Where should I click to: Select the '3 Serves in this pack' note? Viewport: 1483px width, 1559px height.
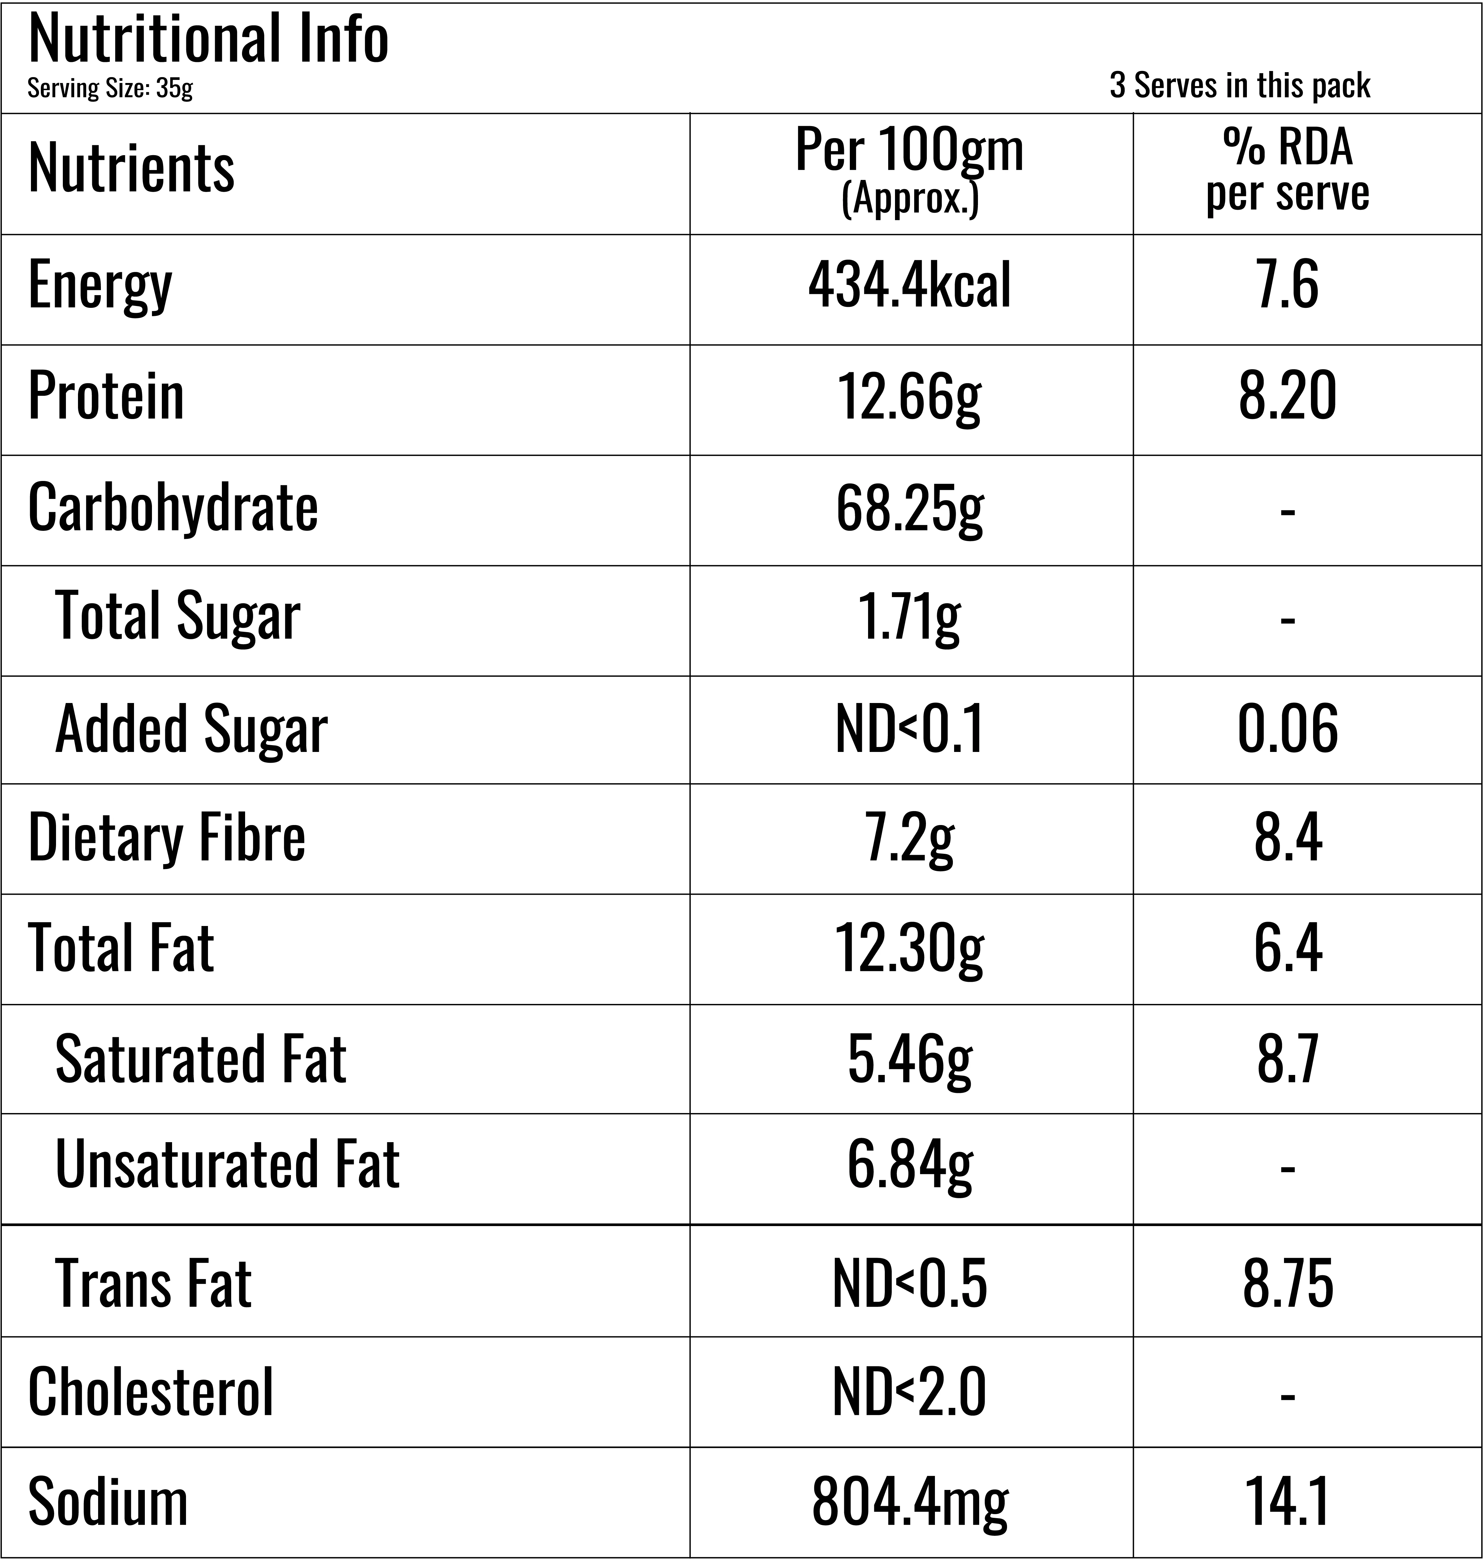1239,85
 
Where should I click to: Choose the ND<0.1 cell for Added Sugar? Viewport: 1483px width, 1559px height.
910,728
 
